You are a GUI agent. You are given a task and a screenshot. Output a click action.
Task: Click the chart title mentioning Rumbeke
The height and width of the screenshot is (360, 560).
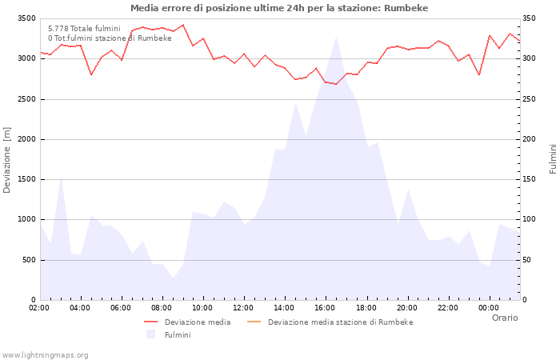pos(279,8)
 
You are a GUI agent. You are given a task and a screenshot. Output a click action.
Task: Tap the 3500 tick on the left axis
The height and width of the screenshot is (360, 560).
pos(26,18)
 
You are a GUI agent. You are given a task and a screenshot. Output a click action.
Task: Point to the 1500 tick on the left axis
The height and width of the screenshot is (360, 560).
pos(26,179)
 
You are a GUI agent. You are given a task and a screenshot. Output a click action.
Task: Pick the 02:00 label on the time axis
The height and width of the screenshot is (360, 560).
pos(39,308)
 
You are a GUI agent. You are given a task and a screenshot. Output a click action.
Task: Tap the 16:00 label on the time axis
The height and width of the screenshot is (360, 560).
pos(325,308)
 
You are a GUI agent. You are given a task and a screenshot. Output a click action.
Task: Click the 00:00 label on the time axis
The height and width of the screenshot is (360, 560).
pos(489,308)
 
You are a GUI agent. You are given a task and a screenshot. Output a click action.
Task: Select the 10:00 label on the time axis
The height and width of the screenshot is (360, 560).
pos(202,308)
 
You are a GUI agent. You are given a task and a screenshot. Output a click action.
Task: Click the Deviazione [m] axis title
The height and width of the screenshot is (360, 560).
pos(7,160)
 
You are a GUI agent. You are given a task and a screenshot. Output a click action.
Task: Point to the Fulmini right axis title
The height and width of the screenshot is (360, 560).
pos(553,159)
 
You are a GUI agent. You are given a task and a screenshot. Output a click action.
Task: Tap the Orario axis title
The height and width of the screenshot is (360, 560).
pos(505,318)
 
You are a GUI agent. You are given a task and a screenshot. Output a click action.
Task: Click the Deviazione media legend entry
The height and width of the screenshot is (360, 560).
pos(198,322)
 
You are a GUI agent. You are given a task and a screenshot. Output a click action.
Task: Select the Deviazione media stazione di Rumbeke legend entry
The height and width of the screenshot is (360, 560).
pos(340,322)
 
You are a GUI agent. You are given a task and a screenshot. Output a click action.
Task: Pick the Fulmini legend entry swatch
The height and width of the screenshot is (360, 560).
pos(150,334)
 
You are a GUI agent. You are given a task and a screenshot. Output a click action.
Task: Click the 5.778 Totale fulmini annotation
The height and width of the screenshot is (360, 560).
pos(84,28)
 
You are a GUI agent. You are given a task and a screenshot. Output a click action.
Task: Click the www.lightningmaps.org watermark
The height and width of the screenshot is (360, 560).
pos(46,354)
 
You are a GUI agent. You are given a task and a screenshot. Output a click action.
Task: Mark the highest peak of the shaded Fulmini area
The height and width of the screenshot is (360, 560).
pos(336,37)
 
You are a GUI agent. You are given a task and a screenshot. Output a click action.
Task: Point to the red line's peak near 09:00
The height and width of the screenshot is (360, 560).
pos(183,25)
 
